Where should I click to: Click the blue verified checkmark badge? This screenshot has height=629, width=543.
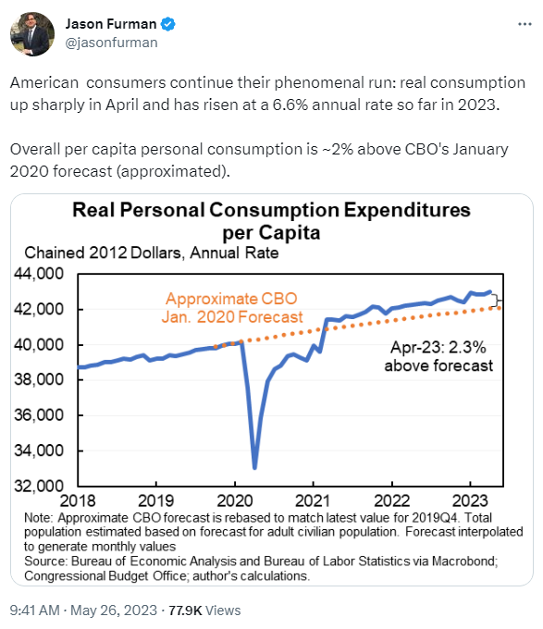click(x=168, y=24)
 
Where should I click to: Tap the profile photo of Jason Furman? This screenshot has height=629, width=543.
click(x=32, y=34)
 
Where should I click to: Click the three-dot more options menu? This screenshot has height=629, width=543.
click(x=524, y=24)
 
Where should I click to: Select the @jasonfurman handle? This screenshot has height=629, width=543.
click(x=112, y=43)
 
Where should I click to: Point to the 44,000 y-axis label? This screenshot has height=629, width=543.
click(x=39, y=274)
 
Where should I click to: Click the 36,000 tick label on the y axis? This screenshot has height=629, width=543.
click(x=39, y=414)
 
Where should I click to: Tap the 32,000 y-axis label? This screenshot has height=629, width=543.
click(x=39, y=486)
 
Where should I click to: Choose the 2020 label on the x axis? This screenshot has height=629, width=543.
click(x=235, y=501)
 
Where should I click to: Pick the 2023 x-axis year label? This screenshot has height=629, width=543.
click(x=470, y=501)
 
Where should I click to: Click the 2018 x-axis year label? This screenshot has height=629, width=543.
click(x=78, y=501)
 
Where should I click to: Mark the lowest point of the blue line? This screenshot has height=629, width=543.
click(x=254, y=467)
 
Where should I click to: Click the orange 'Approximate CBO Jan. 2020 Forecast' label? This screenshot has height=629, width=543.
click(x=232, y=308)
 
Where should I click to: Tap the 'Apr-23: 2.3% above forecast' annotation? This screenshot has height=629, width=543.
click(x=438, y=357)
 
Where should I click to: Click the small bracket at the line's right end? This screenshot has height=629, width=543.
click(x=497, y=301)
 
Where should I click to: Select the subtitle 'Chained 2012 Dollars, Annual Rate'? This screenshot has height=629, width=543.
click(x=152, y=253)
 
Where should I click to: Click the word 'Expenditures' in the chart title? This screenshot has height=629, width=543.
click(x=407, y=210)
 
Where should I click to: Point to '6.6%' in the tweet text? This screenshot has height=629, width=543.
click(x=290, y=105)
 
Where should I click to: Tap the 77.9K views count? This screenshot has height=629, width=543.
click(x=185, y=610)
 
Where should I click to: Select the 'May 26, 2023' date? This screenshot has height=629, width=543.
click(x=114, y=610)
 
